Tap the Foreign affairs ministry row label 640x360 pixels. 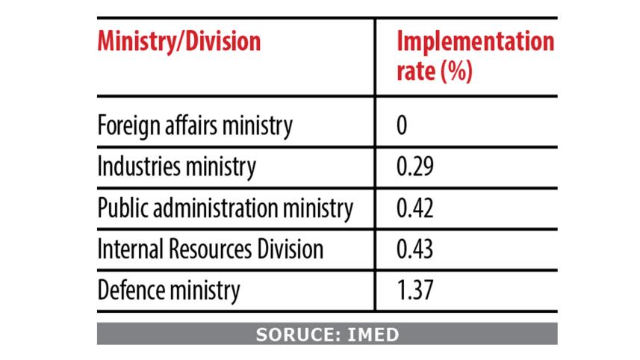195,125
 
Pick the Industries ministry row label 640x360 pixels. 177,167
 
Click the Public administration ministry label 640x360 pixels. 225,208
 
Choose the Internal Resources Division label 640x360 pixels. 210,249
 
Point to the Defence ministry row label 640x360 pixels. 169,291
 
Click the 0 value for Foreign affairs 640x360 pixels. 402,125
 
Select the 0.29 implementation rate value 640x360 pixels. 416,167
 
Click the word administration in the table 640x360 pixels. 222,208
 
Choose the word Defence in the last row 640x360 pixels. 128,291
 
